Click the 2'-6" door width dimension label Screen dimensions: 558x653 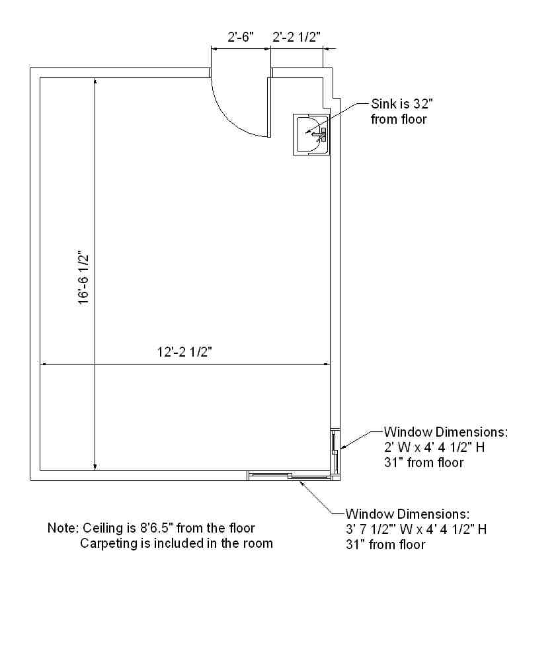click(241, 37)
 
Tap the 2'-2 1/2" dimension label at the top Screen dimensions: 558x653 click(296, 37)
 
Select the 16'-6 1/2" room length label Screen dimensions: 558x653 click(84, 277)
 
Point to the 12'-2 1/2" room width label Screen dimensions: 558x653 click(184, 353)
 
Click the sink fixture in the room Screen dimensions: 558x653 click(311, 134)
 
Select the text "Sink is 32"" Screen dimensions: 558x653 click(402, 104)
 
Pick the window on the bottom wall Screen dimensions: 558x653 click(290, 476)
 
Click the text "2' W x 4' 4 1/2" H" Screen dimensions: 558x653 click(434, 447)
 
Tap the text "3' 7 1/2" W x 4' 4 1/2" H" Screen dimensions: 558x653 click(416, 529)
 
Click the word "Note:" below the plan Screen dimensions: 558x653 click(63, 528)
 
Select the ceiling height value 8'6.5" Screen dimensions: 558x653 click(155, 528)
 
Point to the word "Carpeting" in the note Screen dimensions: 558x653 click(107, 543)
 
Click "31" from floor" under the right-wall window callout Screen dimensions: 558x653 click(424, 462)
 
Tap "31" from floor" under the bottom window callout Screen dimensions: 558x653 click(385, 544)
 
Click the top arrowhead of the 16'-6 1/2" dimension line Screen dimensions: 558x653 click(95, 82)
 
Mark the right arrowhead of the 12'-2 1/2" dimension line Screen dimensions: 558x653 click(326, 365)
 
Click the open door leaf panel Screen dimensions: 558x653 click(269, 107)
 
